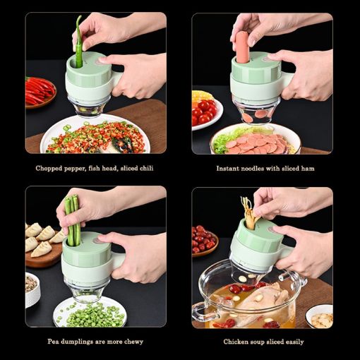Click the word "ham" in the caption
coord(306,169)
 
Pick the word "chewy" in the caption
coord(131,342)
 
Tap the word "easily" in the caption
coord(292,342)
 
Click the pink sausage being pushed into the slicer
coord(242,45)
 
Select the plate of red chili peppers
coord(39,91)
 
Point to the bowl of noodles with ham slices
coord(254,138)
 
